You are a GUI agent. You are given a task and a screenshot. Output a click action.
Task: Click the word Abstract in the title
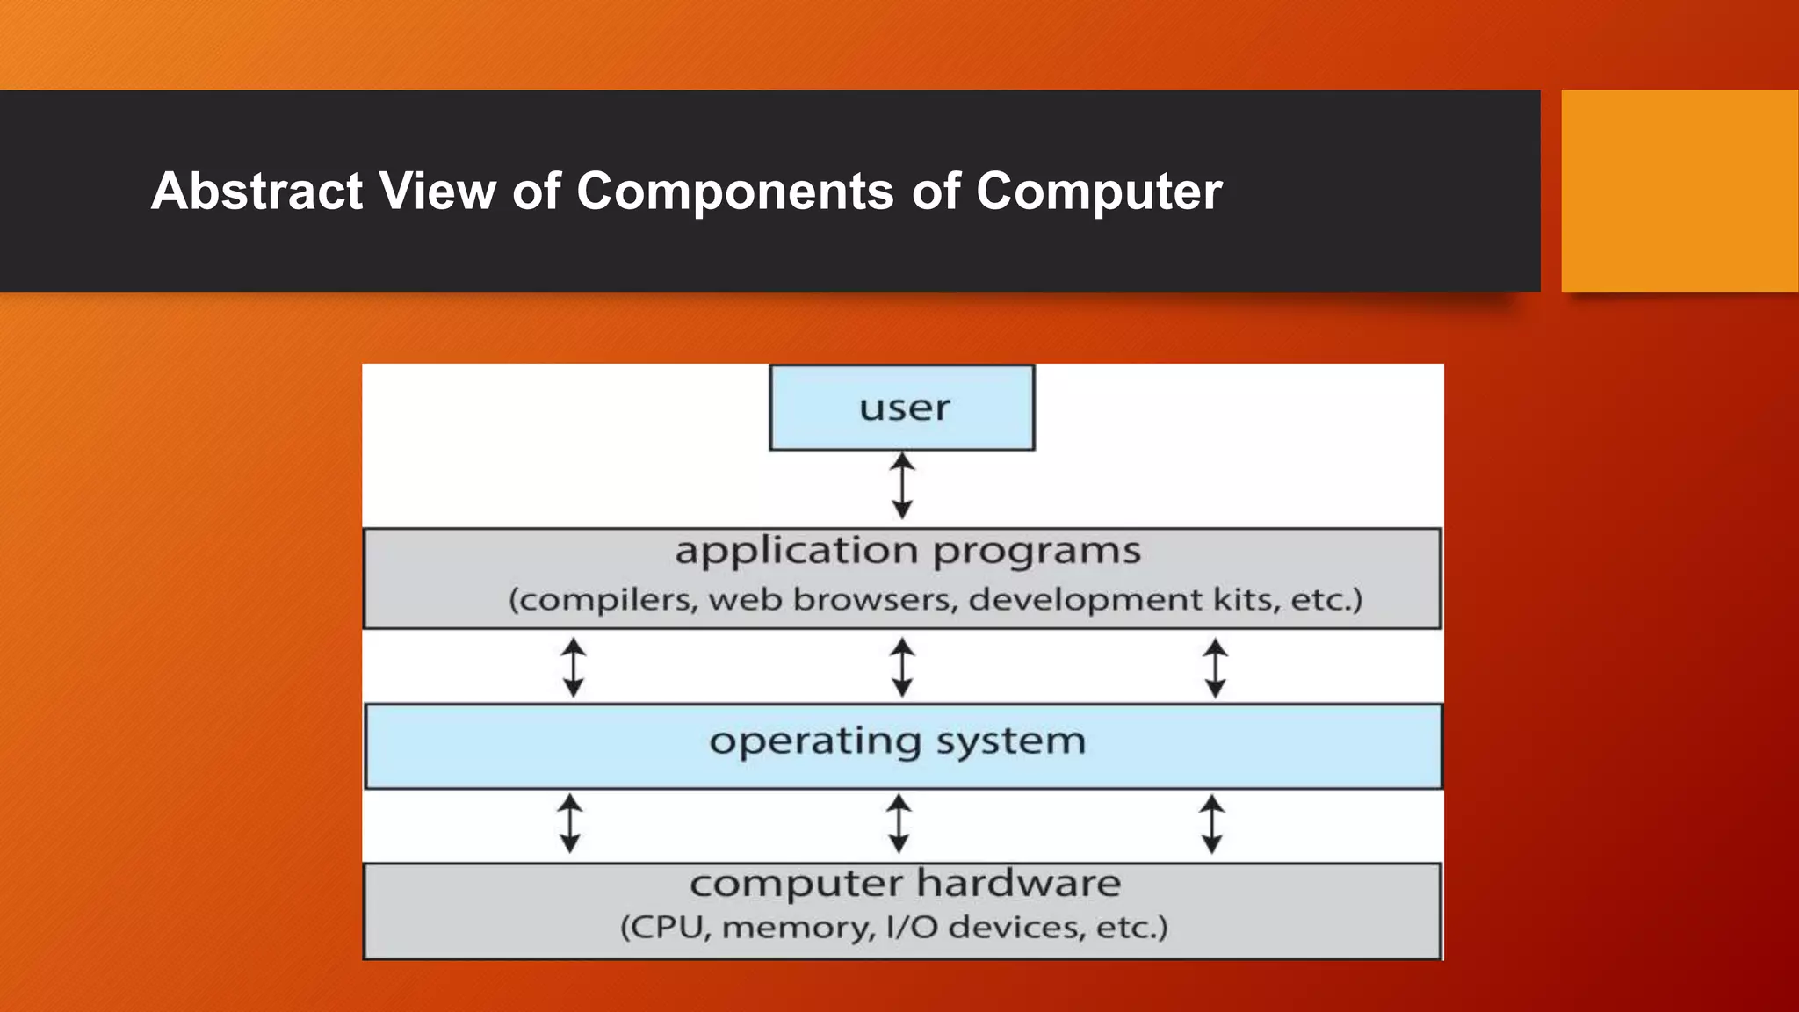click(x=256, y=191)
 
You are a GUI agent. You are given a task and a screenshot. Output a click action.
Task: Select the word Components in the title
click(x=735, y=191)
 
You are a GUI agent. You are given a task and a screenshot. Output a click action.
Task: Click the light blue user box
click(x=902, y=408)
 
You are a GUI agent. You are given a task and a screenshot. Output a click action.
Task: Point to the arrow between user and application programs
click(x=902, y=486)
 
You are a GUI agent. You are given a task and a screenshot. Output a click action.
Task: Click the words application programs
click(x=907, y=552)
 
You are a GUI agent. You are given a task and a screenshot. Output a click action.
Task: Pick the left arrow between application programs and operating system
click(x=574, y=668)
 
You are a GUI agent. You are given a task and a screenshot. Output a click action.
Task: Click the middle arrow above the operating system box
click(x=902, y=668)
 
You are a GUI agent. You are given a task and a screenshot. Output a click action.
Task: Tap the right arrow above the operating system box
click(x=1215, y=668)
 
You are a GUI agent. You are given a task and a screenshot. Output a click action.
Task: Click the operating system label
click(x=898, y=741)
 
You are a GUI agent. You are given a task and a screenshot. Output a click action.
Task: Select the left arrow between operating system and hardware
click(x=570, y=824)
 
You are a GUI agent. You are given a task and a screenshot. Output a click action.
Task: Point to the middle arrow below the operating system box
click(x=899, y=824)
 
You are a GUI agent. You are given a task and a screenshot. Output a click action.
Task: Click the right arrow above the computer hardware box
click(x=1212, y=824)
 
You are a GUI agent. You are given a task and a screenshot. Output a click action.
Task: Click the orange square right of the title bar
click(x=1680, y=191)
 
